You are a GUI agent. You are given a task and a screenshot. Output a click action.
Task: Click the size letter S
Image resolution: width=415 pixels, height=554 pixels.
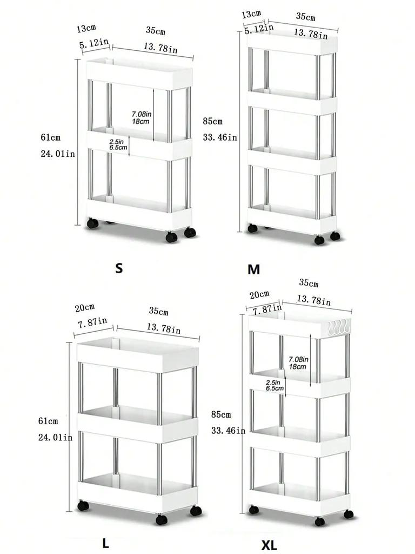pyautogui.click(x=119, y=268)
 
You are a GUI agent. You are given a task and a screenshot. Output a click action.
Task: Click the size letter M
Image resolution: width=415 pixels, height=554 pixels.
pyautogui.click(x=253, y=269)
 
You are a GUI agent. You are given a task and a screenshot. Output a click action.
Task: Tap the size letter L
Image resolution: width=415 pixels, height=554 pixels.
pyautogui.click(x=105, y=543)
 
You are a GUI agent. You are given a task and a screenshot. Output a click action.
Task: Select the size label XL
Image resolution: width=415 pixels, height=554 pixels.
pyautogui.click(x=269, y=545)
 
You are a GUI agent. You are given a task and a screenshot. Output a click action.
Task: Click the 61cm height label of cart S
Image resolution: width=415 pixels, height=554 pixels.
pyautogui.click(x=50, y=137)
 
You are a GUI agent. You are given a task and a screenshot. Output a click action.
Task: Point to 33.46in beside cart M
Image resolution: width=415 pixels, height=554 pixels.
pyautogui.click(x=220, y=137)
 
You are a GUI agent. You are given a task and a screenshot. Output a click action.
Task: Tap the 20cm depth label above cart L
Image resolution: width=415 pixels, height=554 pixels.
pyautogui.click(x=85, y=308)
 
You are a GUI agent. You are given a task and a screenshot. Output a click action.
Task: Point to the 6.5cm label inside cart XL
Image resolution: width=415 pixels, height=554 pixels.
pyautogui.click(x=275, y=388)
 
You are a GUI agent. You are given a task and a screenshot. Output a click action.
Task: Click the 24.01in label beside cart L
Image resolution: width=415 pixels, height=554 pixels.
pyautogui.click(x=56, y=437)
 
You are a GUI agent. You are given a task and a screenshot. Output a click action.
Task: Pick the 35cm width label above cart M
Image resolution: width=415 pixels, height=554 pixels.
pyautogui.click(x=306, y=16)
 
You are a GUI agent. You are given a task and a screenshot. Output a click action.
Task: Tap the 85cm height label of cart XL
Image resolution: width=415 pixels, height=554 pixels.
pyautogui.click(x=220, y=415)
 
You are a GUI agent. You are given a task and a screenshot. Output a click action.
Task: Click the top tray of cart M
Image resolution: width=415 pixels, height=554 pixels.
pyautogui.click(x=292, y=44)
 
